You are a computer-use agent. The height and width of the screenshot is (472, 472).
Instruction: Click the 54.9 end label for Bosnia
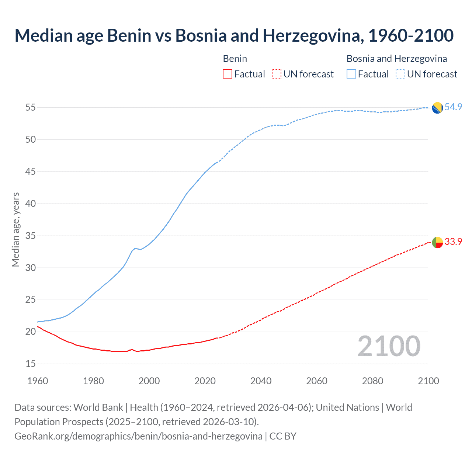[453, 107]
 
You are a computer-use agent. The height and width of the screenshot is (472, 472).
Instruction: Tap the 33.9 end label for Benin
[453, 242]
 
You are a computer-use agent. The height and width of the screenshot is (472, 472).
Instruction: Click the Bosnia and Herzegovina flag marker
[437, 108]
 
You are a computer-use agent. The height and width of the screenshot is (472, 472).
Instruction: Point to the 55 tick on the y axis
[31, 107]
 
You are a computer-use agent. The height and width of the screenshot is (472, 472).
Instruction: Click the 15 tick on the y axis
[31, 364]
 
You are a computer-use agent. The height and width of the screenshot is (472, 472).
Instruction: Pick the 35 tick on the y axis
[31, 236]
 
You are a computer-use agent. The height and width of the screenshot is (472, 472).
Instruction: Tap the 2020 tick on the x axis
[205, 381]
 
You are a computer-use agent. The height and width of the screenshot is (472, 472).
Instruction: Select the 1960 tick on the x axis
[38, 381]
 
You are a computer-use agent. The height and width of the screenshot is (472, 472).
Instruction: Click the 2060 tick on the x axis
[317, 381]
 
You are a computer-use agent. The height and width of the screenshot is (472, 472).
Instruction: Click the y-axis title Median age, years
[15, 229]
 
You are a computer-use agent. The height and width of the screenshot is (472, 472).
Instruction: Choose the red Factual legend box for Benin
[228, 74]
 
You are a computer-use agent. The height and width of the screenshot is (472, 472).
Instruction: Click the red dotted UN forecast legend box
[277, 74]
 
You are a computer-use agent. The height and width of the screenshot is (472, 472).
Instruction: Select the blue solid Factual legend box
[351, 74]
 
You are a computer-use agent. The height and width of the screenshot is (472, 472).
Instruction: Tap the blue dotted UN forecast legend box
[400, 74]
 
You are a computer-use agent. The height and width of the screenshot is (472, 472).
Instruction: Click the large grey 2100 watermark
[389, 346]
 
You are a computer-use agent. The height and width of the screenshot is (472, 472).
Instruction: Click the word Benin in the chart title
[129, 35]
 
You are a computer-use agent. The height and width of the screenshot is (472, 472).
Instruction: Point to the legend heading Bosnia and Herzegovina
[397, 59]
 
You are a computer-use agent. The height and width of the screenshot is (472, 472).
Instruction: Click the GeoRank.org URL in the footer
[138, 436]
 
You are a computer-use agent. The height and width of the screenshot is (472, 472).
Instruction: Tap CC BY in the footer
[283, 436]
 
